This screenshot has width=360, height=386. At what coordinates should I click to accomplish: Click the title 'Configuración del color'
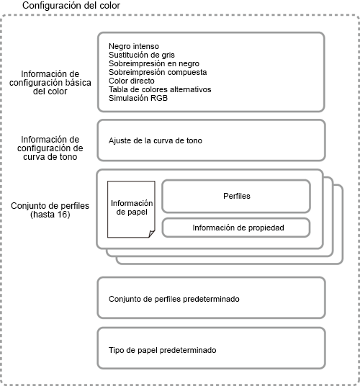click(x=71, y=6)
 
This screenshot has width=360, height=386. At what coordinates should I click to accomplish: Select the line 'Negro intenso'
click(x=134, y=46)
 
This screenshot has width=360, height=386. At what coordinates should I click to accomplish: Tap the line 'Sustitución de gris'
click(x=142, y=55)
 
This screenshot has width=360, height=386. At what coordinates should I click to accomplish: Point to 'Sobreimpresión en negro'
click(x=154, y=63)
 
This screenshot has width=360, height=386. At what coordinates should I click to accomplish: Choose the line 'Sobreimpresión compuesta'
click(x=158, y=72)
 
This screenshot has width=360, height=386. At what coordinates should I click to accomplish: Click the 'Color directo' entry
click(x=132, y=81)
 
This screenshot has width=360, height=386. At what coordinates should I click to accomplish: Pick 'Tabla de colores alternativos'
click(x=160, y=89)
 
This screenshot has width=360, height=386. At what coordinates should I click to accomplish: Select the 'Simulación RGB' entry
click(x=138, y=98)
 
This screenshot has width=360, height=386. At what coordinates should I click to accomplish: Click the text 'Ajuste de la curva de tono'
click(x=156, y=140)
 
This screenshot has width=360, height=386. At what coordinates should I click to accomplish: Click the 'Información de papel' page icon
click(x=131, y=210)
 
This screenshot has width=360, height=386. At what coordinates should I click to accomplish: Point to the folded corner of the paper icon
click(x=152, y=234)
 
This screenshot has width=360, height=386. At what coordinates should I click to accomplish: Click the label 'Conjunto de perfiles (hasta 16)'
click(x=50, y=210)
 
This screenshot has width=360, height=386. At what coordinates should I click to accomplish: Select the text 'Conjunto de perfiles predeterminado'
click(x=174, y=299)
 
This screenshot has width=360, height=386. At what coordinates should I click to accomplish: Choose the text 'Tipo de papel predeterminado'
click(x=163, y=350)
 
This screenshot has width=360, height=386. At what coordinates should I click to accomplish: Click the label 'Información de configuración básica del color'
click(x=50, y=83)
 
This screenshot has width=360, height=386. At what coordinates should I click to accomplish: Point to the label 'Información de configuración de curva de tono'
click(x=50, y=148)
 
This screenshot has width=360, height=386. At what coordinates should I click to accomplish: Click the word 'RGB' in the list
click(x=159, y=98)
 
